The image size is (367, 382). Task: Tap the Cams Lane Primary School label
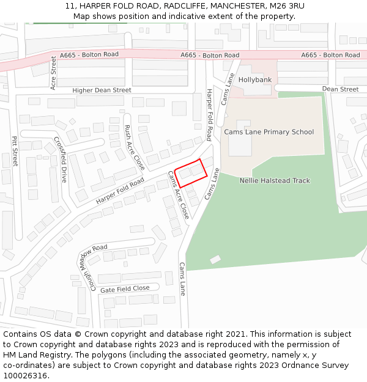[269, 132]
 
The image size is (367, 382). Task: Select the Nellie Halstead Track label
[275, 181]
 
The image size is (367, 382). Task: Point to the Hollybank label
[254, 80]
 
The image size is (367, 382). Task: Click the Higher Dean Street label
[102, 90]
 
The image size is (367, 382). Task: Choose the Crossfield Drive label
[59, 160]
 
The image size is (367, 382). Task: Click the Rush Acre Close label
[135, 147]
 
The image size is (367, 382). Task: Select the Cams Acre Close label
[178, 194]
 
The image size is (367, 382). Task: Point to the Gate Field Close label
[124, 288]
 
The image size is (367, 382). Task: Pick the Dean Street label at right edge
[340, 89]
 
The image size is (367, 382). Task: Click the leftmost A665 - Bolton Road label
[89, 55]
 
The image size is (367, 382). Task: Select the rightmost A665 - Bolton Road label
[330, 55]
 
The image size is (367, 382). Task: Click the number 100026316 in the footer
[24, 375]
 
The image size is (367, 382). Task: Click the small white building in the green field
[215, 260]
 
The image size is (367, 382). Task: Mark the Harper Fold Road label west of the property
[120, 191]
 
